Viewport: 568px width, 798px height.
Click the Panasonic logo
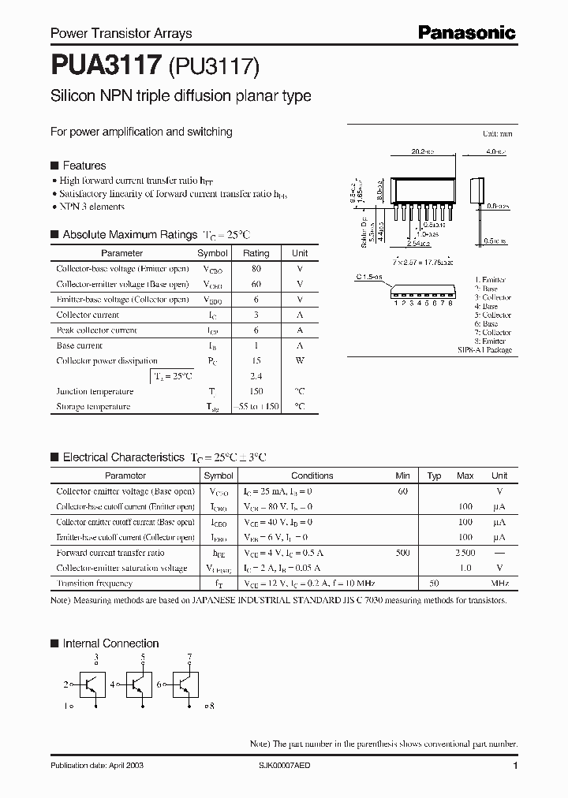point(467,32)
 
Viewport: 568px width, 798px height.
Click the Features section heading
point(84,166)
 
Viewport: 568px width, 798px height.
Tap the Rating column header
point(256,253)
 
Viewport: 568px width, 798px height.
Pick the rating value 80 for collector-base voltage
point(256,269)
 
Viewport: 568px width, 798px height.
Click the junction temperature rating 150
point(256,392)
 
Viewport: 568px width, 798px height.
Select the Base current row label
point(79,345)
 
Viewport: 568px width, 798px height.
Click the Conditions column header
point(312,475)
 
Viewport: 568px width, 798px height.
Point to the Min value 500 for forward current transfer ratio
point(402,553)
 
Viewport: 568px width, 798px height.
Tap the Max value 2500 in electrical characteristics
point(465,553)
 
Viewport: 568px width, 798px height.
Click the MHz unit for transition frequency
point(499,584)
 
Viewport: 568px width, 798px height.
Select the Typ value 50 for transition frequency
point(434,584)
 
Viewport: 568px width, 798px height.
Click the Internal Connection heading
point(110,643)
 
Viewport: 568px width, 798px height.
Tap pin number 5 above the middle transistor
point(142,657)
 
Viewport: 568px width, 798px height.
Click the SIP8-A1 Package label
point(484,349)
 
